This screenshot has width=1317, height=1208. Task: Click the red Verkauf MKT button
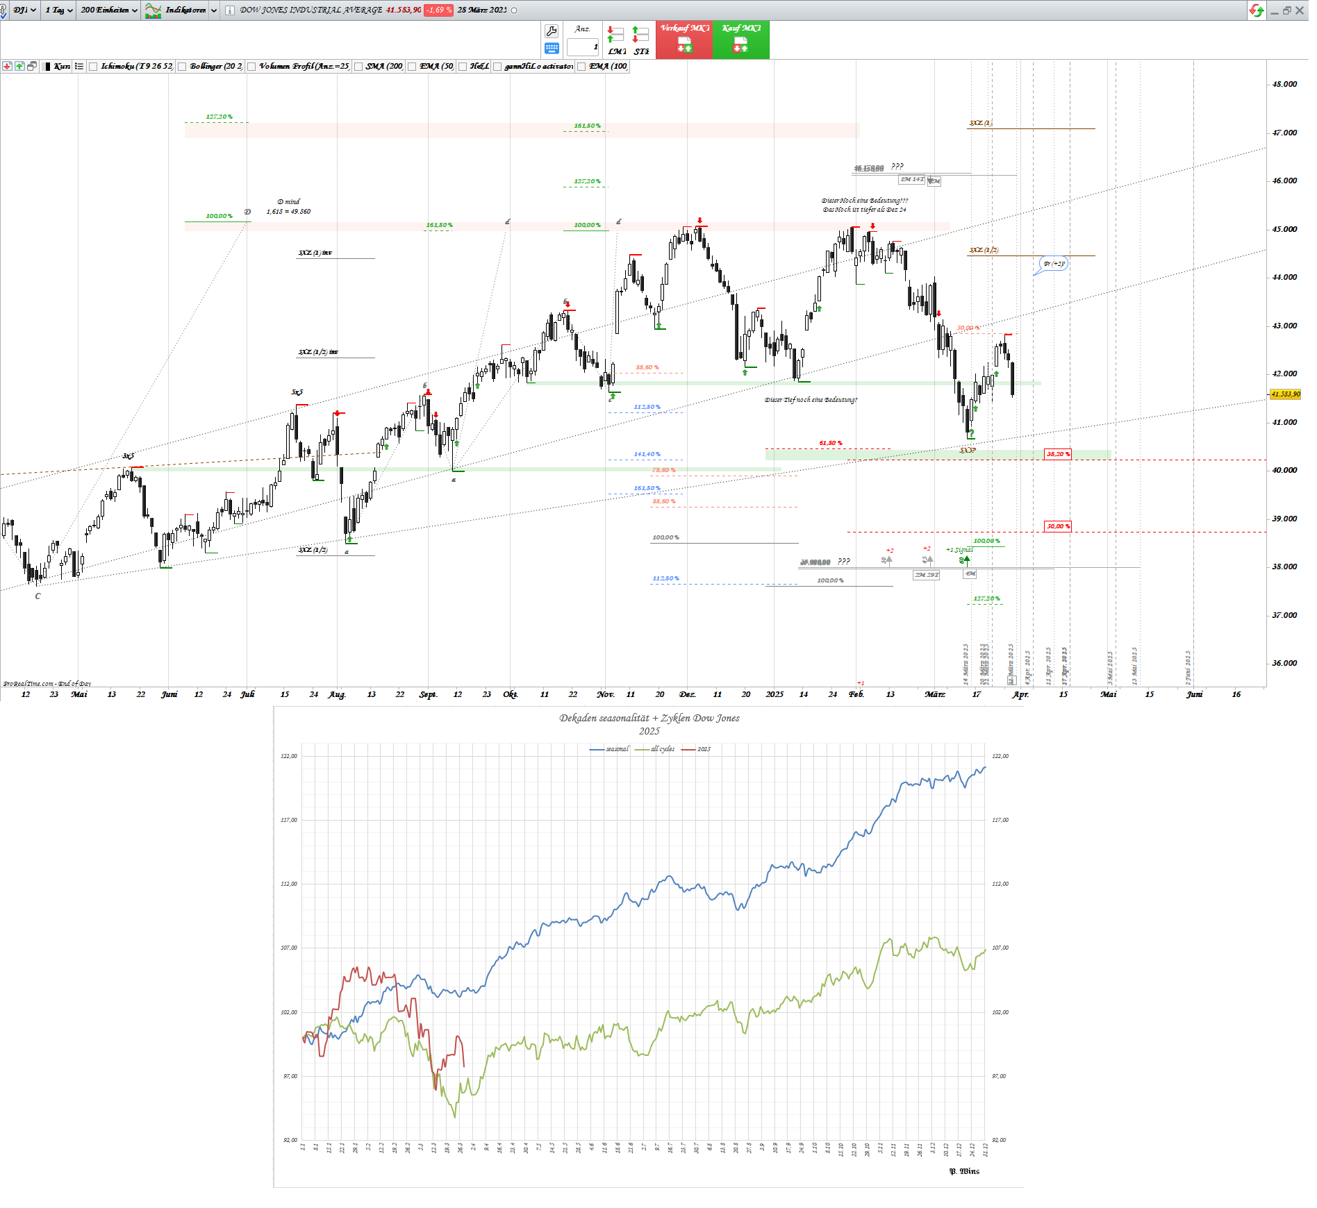tap(684, 40)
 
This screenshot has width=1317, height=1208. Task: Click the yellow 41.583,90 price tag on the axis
tap(1285, 394)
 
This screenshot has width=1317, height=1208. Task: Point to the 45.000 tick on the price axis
tap(1284, 229)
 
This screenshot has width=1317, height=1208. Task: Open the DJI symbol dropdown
tap(24, 10)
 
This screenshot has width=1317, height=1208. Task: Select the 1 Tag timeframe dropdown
tap(59, 10)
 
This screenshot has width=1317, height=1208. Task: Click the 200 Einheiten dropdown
tap(109, 10)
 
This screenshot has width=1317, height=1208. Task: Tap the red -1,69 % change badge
tap(439, 10)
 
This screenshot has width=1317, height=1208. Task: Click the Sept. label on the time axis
tap(428, 694)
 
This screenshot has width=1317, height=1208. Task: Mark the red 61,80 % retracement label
tap(830, 443)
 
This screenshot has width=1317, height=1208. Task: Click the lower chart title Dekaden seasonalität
tap(649, 718)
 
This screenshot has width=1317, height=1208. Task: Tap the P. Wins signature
tap(964, 1171)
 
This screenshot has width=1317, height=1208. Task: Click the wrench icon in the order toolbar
tap(552, 31)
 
